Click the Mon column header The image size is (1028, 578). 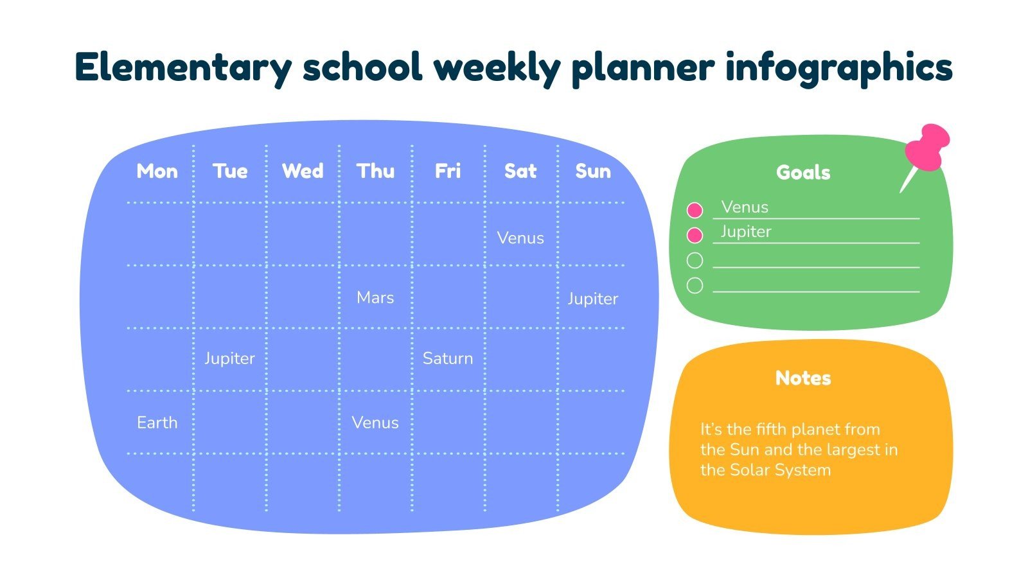pyautogui.click(x=157, y=171)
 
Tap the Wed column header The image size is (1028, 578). pyautogui.click(x=303, y=171)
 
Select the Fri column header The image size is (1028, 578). pyautogui.click(x=448, y=171)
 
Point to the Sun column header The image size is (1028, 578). pyautogui.click(x=593, y=171)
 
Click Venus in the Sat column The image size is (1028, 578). pyautogui.click(x=520, y=238)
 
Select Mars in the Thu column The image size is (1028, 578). pyautogui.click(x=375, y=298)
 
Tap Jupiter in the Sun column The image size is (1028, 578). pyautogui.click(x=592, y=299)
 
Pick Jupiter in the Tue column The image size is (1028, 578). pyautogui.click(x=229, y=358)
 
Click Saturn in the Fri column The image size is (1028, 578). pyautogui.click(x=448, y=358)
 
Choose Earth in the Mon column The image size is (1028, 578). pyautogui.click(x=157, y=423)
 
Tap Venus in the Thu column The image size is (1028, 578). pyautogui.click(x=375, y=423)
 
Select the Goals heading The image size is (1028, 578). pyautogui.click(x=803, y=173)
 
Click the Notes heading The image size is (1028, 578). pyautogui.click(x=803, y=378)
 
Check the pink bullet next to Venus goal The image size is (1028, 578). pyautogui.click(x=695, y=210)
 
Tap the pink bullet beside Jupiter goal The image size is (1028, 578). pyautogui.click(x=695, y=235)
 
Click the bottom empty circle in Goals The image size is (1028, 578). pyautogui.click(x=695, y=285)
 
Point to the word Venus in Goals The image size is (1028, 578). pyautogui.click(x=745, y=207)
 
